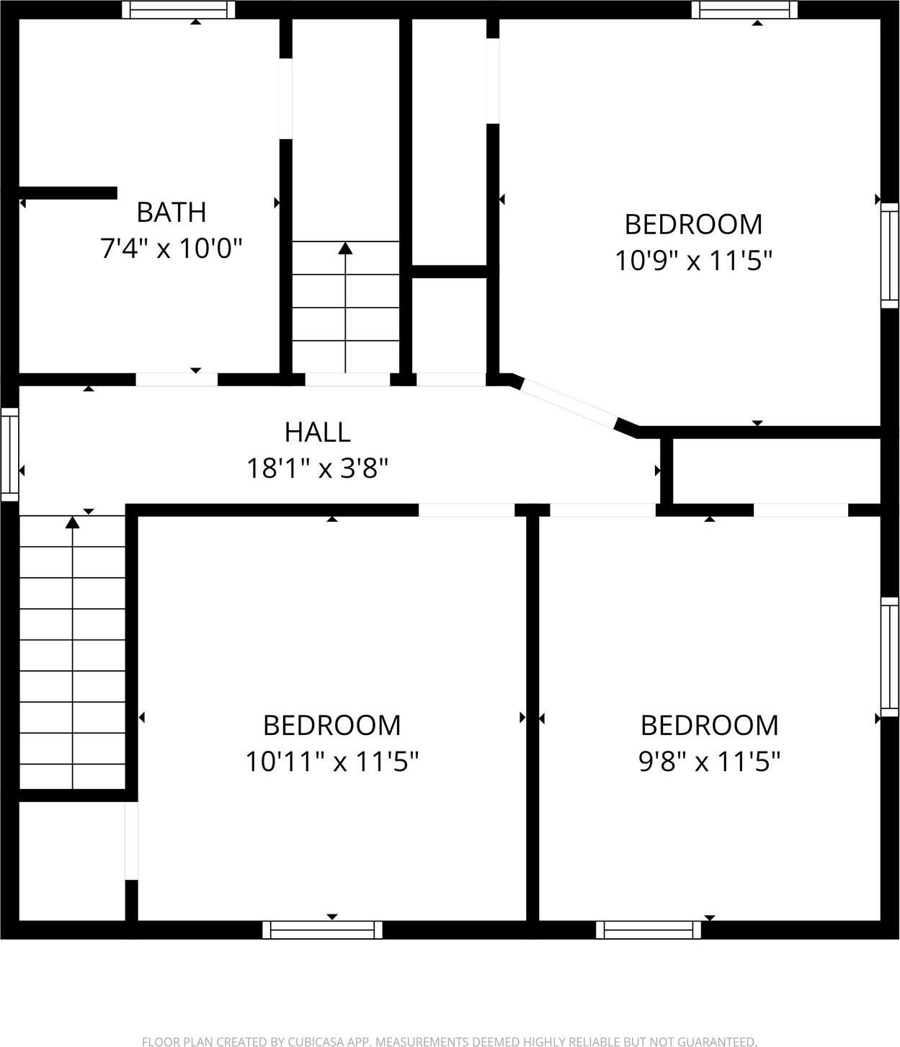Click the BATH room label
(171, 213)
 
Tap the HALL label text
(318, 432)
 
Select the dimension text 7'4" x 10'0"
(171, 249)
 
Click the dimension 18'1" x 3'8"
(318, 469)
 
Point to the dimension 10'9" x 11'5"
(693, 261)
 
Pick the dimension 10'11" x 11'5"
(332, 762)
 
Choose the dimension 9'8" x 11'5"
(710, 762)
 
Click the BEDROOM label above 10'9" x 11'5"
(693, 225)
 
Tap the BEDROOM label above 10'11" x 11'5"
(332, 726)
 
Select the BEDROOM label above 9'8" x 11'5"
(710, 726)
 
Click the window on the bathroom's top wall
(179, 9)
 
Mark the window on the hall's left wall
(9, 454)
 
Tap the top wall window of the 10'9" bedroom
(745, 9)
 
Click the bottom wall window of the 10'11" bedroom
(322, 930)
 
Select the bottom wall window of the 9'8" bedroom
(649, 930)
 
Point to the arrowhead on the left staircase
(72, 522)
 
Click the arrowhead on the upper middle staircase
(346, 249)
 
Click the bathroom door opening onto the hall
(177, 379)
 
